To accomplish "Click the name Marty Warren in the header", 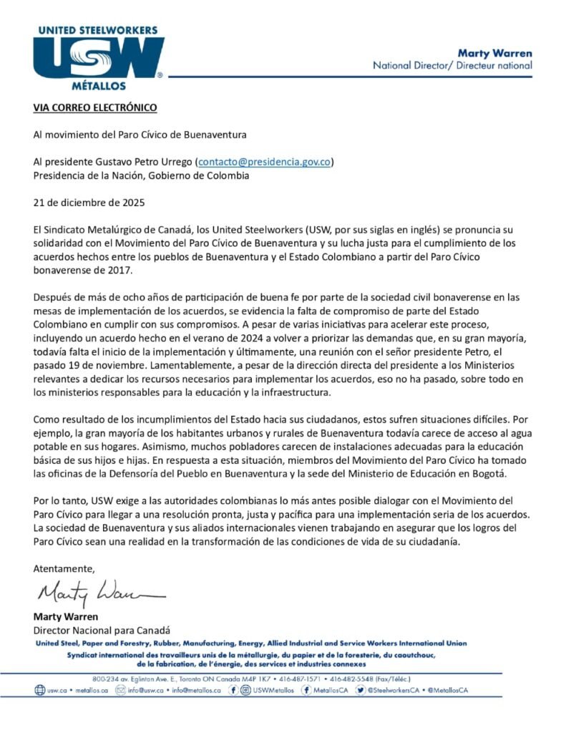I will [494, 52].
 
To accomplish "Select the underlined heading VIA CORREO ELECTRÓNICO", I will [94, 108].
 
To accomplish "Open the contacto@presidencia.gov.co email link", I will [264, 162].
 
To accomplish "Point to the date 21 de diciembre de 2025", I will [89, 203].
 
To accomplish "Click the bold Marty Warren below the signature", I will [65, 616].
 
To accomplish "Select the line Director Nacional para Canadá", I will [102, 630].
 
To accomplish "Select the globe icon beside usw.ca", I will [40, 691].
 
